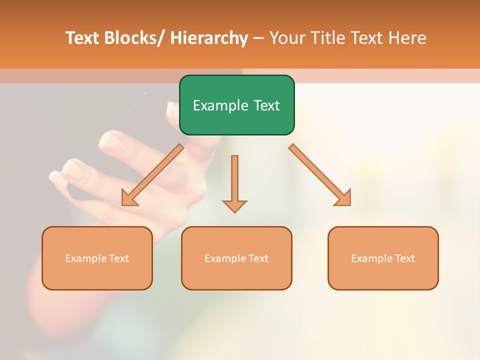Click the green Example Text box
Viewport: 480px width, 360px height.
236,105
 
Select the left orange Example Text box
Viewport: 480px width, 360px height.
97,258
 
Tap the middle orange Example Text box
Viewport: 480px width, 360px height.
236,258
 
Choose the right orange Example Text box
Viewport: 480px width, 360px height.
383,258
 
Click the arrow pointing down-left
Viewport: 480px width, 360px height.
152,175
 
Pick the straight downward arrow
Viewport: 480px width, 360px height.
234,182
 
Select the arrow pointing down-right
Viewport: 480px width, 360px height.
320,175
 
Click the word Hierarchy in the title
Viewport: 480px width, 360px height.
208,38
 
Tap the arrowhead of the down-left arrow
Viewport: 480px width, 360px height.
129,199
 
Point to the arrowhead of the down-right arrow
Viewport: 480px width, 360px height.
343,198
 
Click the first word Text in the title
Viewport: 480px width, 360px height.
82,38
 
